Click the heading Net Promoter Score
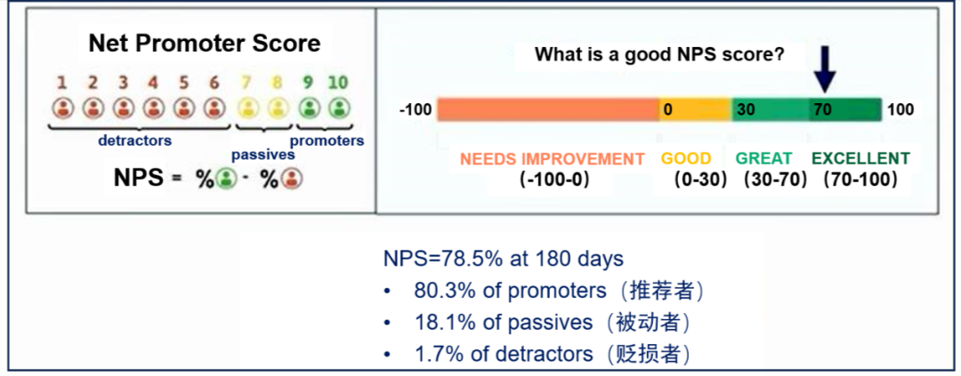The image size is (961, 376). tap(204, 44)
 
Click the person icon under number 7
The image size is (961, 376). tap(247, 109)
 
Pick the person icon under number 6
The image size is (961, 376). tap(214, 109)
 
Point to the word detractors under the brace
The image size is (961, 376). tap(135, 140)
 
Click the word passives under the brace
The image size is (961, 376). tap(262, 155)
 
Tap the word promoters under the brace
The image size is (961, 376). tap(327, 140)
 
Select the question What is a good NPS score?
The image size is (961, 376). tap(660, 54)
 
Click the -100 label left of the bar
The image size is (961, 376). tap(416, 110)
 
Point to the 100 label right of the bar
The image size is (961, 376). tap(900, 110)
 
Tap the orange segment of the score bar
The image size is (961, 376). tap(548, 109)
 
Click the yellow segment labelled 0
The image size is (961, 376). tap(696, 109)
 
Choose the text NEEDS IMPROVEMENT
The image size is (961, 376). tap(553, 158)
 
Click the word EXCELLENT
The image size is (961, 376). tap(861, 158)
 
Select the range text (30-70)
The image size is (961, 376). tap(775, 180)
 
